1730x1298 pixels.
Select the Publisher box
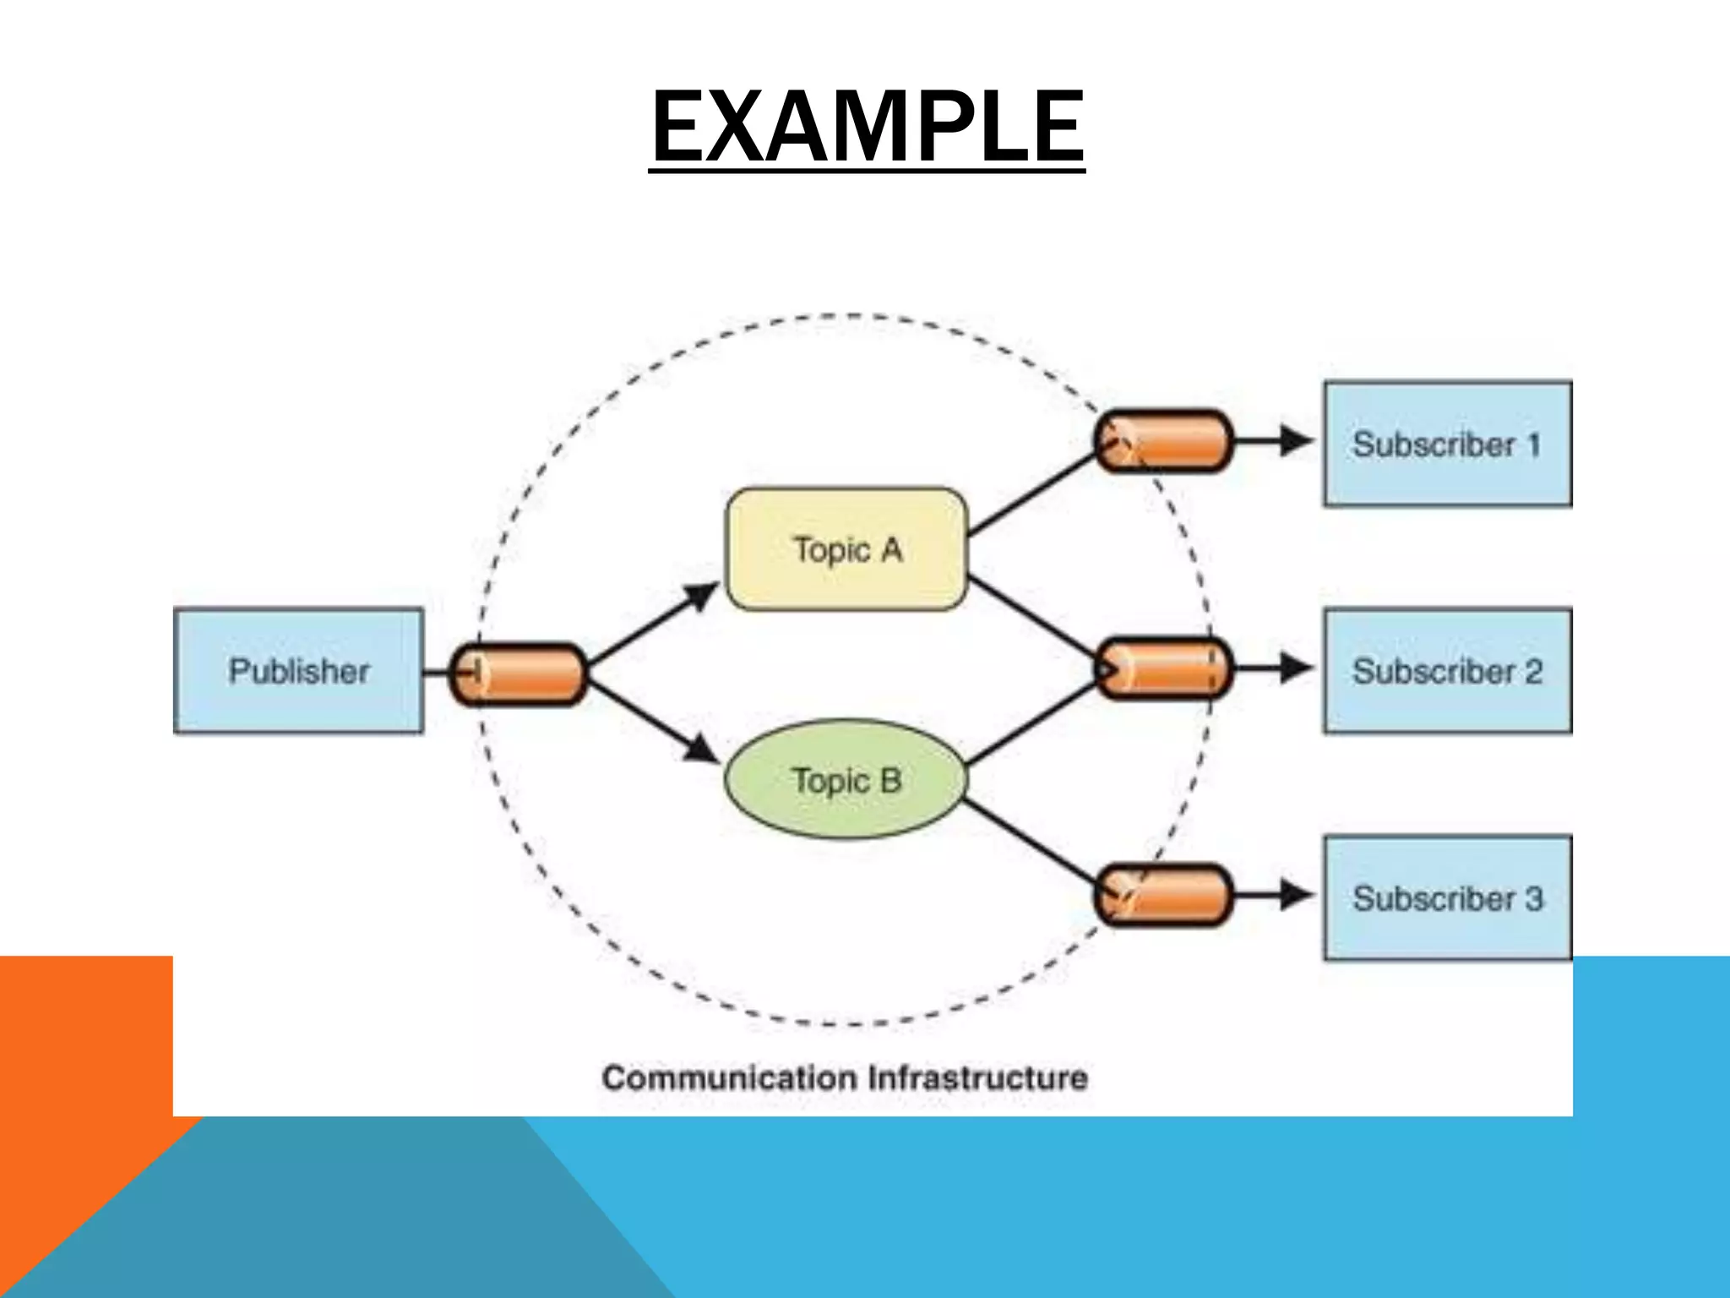coord(298,670)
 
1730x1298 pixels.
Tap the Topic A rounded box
coord(846,549)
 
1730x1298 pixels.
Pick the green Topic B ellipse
coord(845,779)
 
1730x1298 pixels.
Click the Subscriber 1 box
coord(1446,444)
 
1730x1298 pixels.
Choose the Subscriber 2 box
coord(1446,671)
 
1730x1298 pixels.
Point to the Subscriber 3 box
coord(1446,897)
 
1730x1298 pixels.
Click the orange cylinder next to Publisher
coord(517,674)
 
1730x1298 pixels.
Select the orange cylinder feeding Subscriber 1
coord(1163,440)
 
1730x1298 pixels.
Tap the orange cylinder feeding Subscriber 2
coord(1163,668)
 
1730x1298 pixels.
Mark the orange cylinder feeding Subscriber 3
coord(1163,895)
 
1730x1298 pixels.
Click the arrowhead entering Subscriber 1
coord(1295,440)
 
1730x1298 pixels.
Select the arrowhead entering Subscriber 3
coord(1295,895)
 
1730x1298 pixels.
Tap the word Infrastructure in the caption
coord(977,1078)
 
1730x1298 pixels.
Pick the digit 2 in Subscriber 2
coord(1532,672)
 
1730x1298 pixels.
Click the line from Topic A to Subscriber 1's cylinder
coord(1031,497)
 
